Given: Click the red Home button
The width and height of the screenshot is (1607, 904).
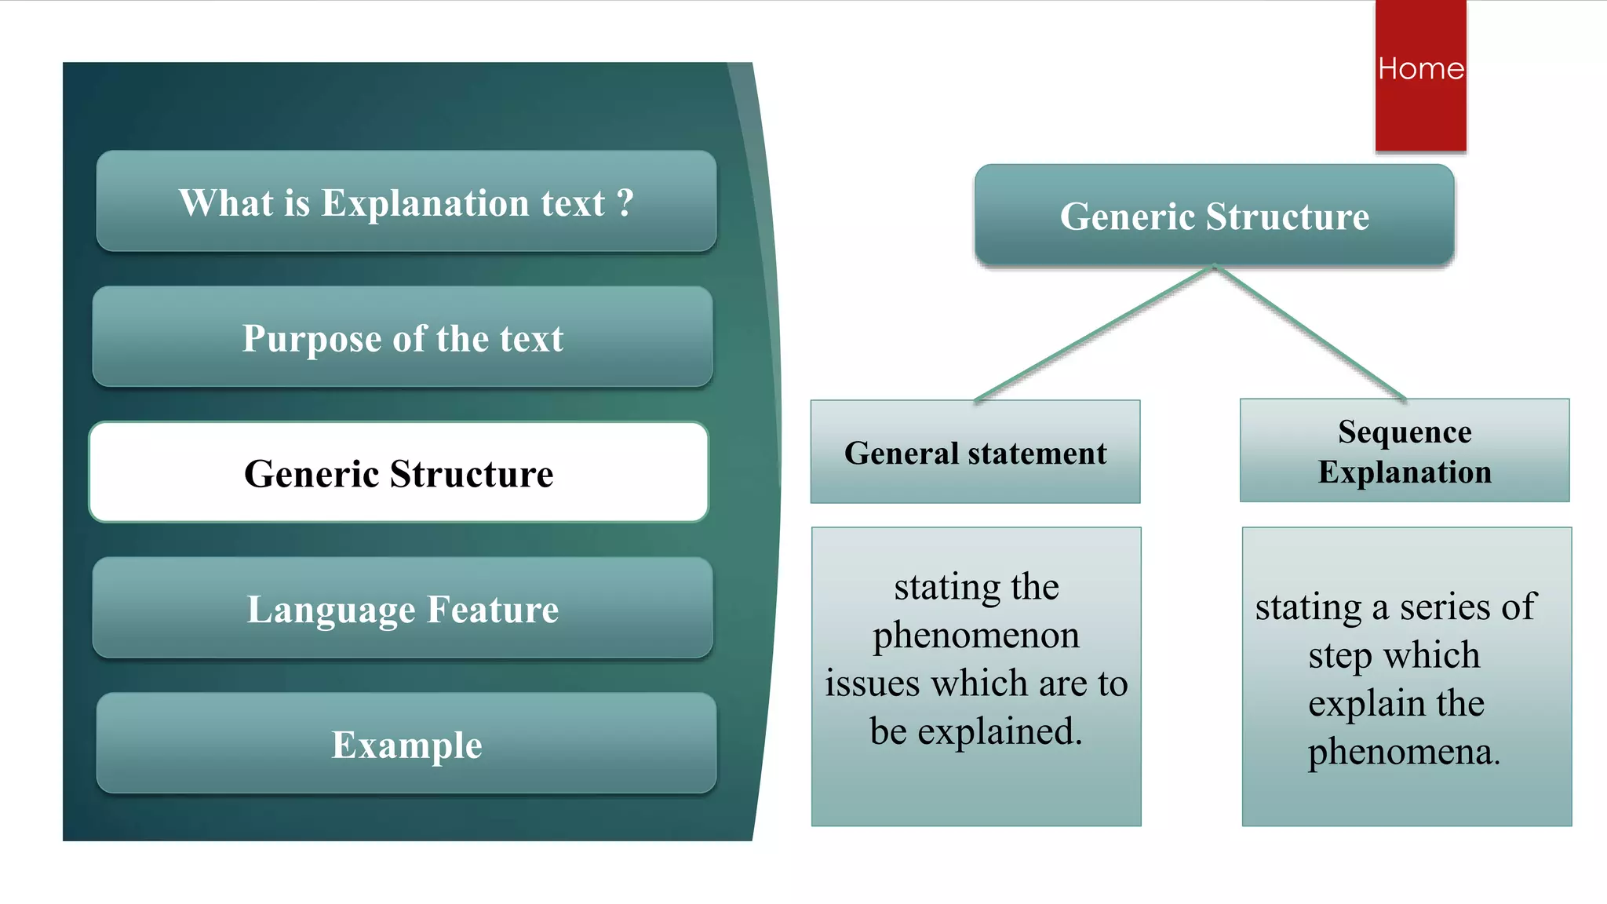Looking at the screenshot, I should click(1420, 75).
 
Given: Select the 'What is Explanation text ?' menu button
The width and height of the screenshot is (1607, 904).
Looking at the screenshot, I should click(406, 202).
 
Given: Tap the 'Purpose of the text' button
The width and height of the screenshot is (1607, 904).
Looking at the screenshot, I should click(402, 337).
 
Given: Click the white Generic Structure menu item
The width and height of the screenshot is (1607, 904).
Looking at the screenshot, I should click(399, 473).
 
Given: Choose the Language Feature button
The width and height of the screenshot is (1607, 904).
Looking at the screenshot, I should click(402, 609).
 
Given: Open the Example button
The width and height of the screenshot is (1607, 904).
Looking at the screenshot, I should click(406, 744).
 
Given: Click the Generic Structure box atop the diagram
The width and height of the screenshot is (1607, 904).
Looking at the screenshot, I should click(1214, 216).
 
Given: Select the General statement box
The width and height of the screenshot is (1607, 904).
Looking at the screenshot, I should click(975, 453).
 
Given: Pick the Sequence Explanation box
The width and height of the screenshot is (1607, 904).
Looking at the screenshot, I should click(1404, 451).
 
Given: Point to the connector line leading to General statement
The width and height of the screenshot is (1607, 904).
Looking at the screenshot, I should click(1095, 334).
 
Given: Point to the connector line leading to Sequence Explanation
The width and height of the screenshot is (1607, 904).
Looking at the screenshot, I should click(1310, 334).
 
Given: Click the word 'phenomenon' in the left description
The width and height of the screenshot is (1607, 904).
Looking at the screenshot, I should click(975, 635).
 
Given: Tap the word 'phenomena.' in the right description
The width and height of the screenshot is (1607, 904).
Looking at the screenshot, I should click(1403, 752).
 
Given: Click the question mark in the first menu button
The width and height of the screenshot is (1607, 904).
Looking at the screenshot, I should click(625, 202).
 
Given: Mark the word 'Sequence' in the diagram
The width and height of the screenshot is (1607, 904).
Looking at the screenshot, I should click(1404, 432).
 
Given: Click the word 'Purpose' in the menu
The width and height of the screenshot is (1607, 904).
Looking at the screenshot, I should click(312, 339).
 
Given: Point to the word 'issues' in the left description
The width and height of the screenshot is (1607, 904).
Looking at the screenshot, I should click(872, 683).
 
